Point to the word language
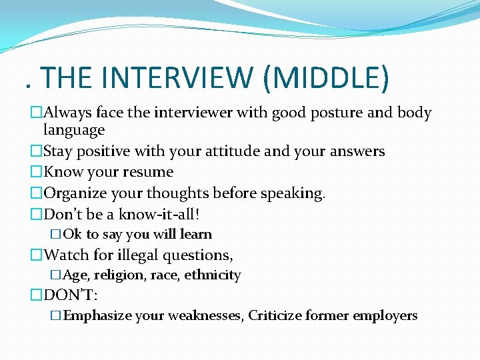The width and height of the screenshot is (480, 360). point(74,130)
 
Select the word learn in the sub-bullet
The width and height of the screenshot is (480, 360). point(196,234)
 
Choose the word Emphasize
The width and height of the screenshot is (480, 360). point(97,315)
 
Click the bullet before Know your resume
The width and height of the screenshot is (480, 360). point(36,172)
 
